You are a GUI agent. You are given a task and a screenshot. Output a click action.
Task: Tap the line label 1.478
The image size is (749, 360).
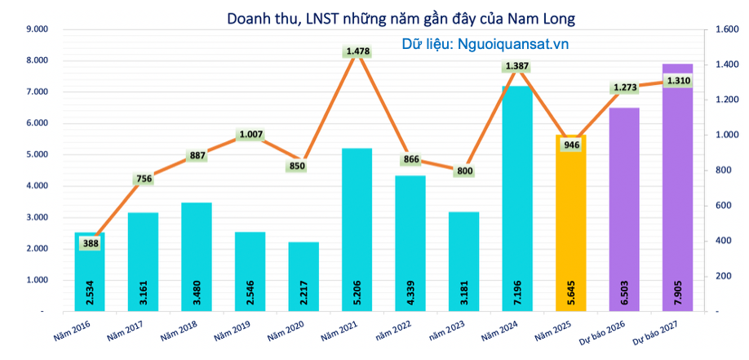(358, 51)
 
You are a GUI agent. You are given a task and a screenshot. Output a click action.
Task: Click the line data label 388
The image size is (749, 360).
(91, 242)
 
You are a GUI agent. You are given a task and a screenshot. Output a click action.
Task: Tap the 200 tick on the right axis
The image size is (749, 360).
(723, 277)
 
